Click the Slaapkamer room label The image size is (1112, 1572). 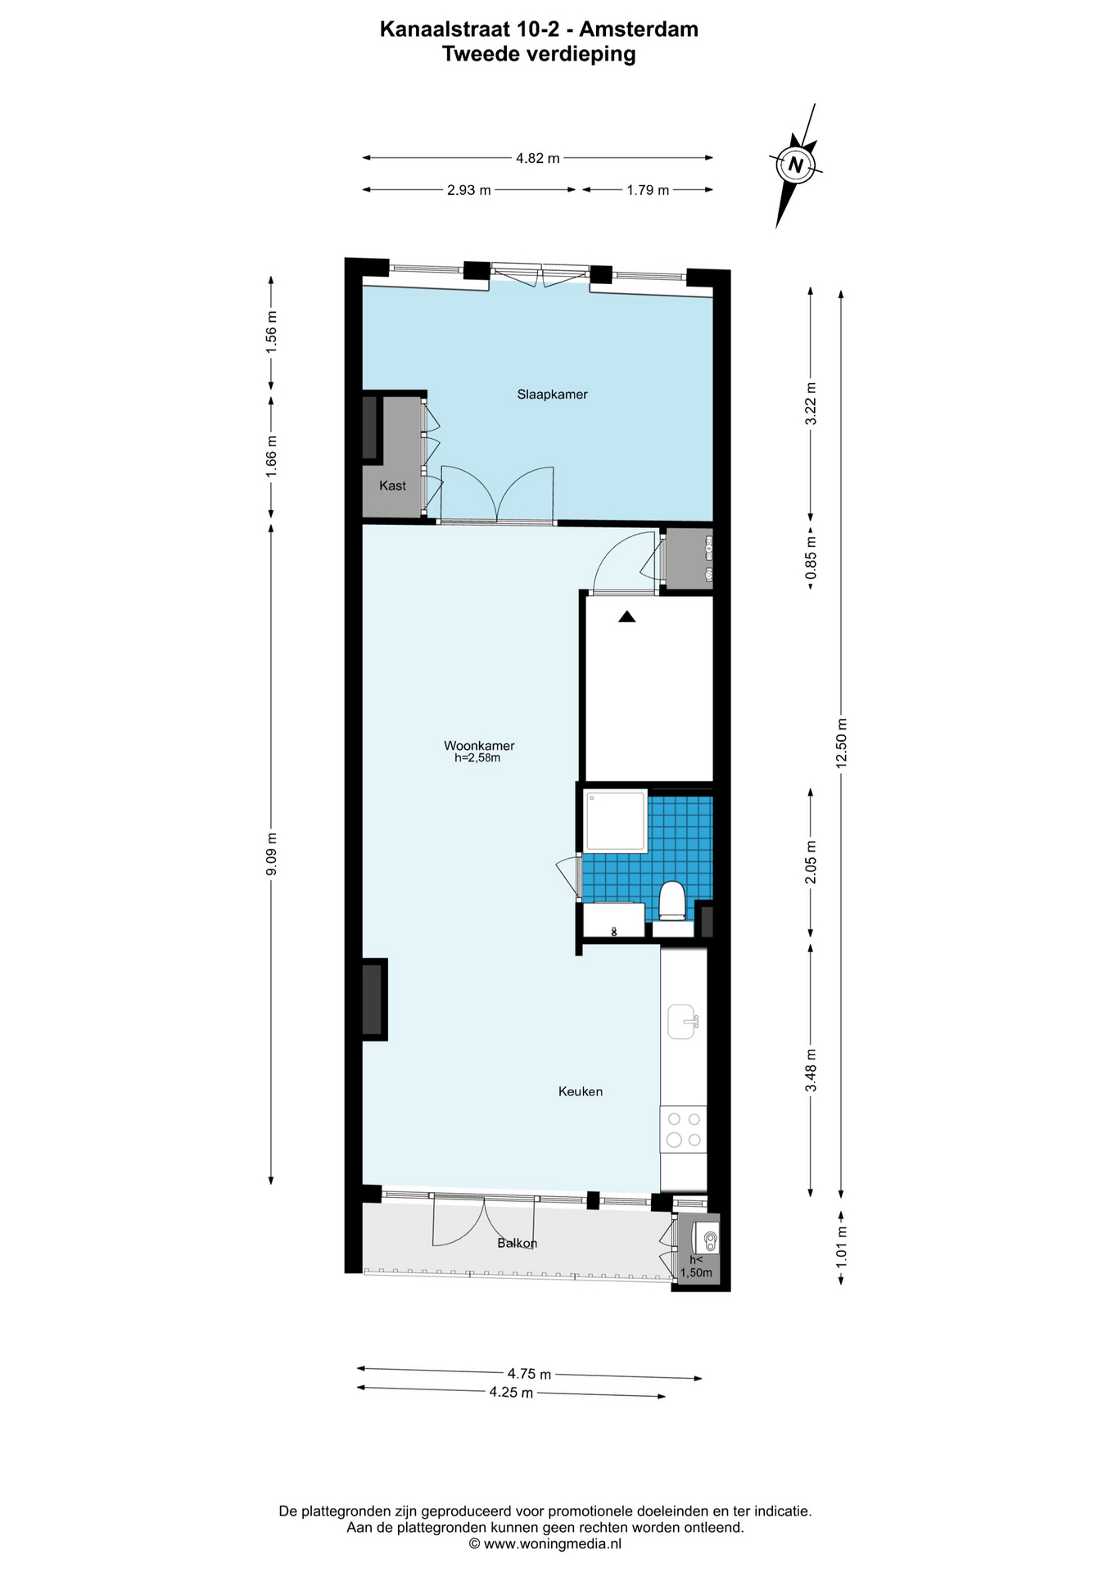552,394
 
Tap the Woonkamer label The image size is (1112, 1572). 479,745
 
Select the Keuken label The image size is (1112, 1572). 581,1091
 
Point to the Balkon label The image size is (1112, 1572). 518,1243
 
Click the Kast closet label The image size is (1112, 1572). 392,486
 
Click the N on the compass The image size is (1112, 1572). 794,165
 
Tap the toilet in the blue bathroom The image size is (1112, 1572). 672,901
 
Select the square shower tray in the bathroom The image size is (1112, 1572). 617,821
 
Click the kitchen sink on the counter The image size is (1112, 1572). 683,1022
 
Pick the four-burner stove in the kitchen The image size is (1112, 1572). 684,1129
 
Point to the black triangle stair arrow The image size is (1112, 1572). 627,617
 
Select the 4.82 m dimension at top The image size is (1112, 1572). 538,158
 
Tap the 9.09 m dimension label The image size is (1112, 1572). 272,854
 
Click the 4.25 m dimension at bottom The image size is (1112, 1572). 512,1392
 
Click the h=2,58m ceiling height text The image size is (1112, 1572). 477,758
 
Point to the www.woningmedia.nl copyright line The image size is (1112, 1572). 545,1543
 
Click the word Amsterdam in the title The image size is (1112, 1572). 639,29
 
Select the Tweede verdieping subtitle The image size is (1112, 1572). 539,54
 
